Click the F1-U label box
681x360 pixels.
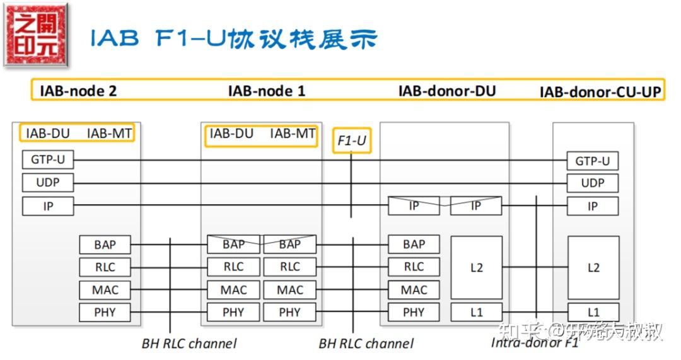pos(352,141)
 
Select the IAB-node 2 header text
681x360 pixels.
pos(78,91)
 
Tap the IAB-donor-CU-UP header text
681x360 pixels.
pos(600,92)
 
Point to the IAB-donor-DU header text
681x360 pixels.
pos(447,91)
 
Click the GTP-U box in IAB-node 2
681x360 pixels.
pos(48,160)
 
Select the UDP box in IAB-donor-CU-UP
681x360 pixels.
pos(592,183)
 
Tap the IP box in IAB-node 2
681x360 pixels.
pos(48,206)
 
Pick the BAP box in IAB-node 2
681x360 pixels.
pos(105,244)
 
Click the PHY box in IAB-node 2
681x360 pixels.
pos(105,312)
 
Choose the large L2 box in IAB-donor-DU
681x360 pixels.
pos(476,267)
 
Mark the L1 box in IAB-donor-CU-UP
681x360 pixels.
pos(593,312)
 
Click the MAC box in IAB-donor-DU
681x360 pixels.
pos(414,290)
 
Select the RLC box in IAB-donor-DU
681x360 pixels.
pos(414,267)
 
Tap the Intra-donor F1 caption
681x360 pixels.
pos(535,343)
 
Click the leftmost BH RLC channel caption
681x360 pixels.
pos(189,344)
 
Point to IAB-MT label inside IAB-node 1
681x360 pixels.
pos(293,134)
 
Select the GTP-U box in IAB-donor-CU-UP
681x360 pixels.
pos(592,161)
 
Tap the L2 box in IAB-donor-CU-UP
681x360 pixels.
pos(593,267)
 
